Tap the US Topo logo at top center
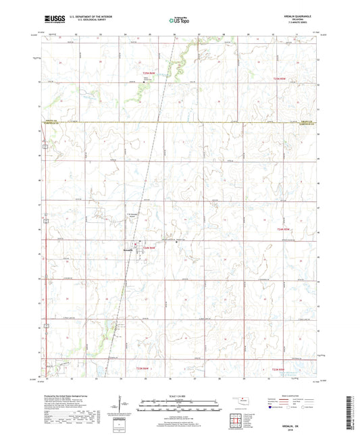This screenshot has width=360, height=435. click(x=179, y=21)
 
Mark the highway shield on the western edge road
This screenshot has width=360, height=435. click(x=43, y=146)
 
